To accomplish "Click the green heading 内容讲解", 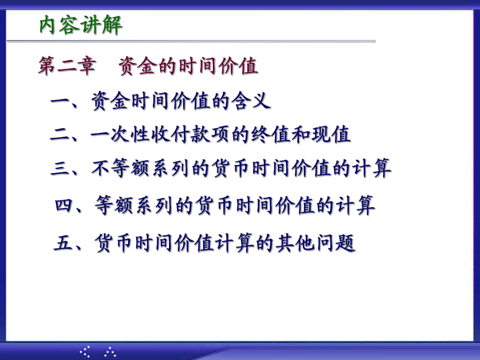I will [x=81, y=26].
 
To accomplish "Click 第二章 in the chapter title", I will [x=67, y=67].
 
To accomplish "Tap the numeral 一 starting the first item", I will [x=61, y=101].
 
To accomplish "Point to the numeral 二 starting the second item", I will [x=61, y=135].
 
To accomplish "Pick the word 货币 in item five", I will [x=116, y=243].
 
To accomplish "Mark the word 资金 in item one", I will [x=109, y=100].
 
